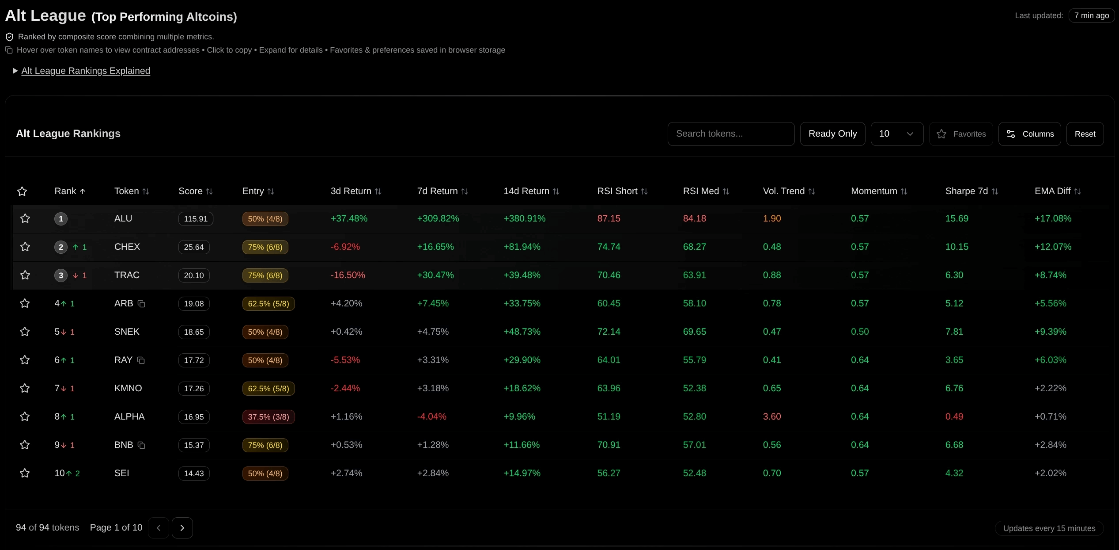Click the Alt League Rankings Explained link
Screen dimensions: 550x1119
point(86,71)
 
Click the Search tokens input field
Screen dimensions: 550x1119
point(731,134)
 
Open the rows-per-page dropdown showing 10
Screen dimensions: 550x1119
point(896,134)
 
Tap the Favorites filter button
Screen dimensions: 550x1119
point(961,134)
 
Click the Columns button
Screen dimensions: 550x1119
point(1029,134)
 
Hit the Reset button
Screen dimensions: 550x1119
point(1085,134)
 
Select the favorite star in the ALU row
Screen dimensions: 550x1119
point(25,218)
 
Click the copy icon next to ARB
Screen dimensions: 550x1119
point(141,304)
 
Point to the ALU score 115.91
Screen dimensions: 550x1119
point(196,219)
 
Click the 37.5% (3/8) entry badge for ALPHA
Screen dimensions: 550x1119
point(268,417)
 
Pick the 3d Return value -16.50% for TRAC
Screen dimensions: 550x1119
point(348,275)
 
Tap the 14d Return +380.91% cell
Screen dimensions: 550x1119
point(524,218)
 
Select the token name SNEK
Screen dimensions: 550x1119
point(127,332)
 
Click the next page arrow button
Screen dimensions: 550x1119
point(182,528)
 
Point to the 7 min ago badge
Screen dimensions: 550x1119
point(1091,15)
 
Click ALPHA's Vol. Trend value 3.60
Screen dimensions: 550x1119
point(772,416)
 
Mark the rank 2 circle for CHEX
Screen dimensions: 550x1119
point(61,247)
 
